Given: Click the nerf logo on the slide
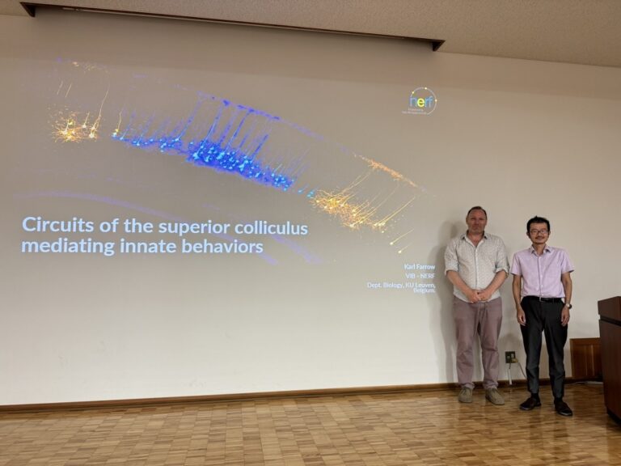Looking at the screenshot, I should click(x=421, y=101).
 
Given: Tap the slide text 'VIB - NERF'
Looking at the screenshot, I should click(x=420, y=275).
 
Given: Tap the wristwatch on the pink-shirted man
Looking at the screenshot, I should click(x=568, y=305).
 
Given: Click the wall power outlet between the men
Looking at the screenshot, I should click(x=509, y=356).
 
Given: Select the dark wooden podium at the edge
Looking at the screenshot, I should click(x=609, y=356).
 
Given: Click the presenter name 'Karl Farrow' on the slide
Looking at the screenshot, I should click(x=420, y=266).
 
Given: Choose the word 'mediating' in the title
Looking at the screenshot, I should click(x=57, y=246).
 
